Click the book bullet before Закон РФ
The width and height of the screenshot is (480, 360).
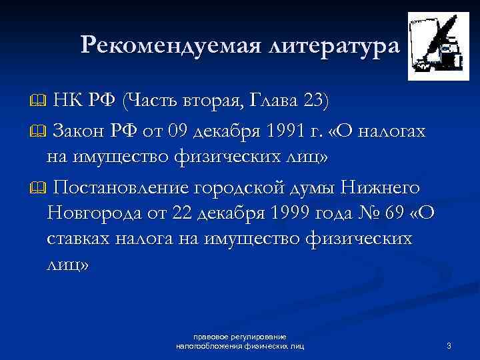(39, 130)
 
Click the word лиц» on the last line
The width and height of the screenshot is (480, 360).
(67, 265)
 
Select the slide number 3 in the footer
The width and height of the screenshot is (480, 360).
(449, 345)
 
